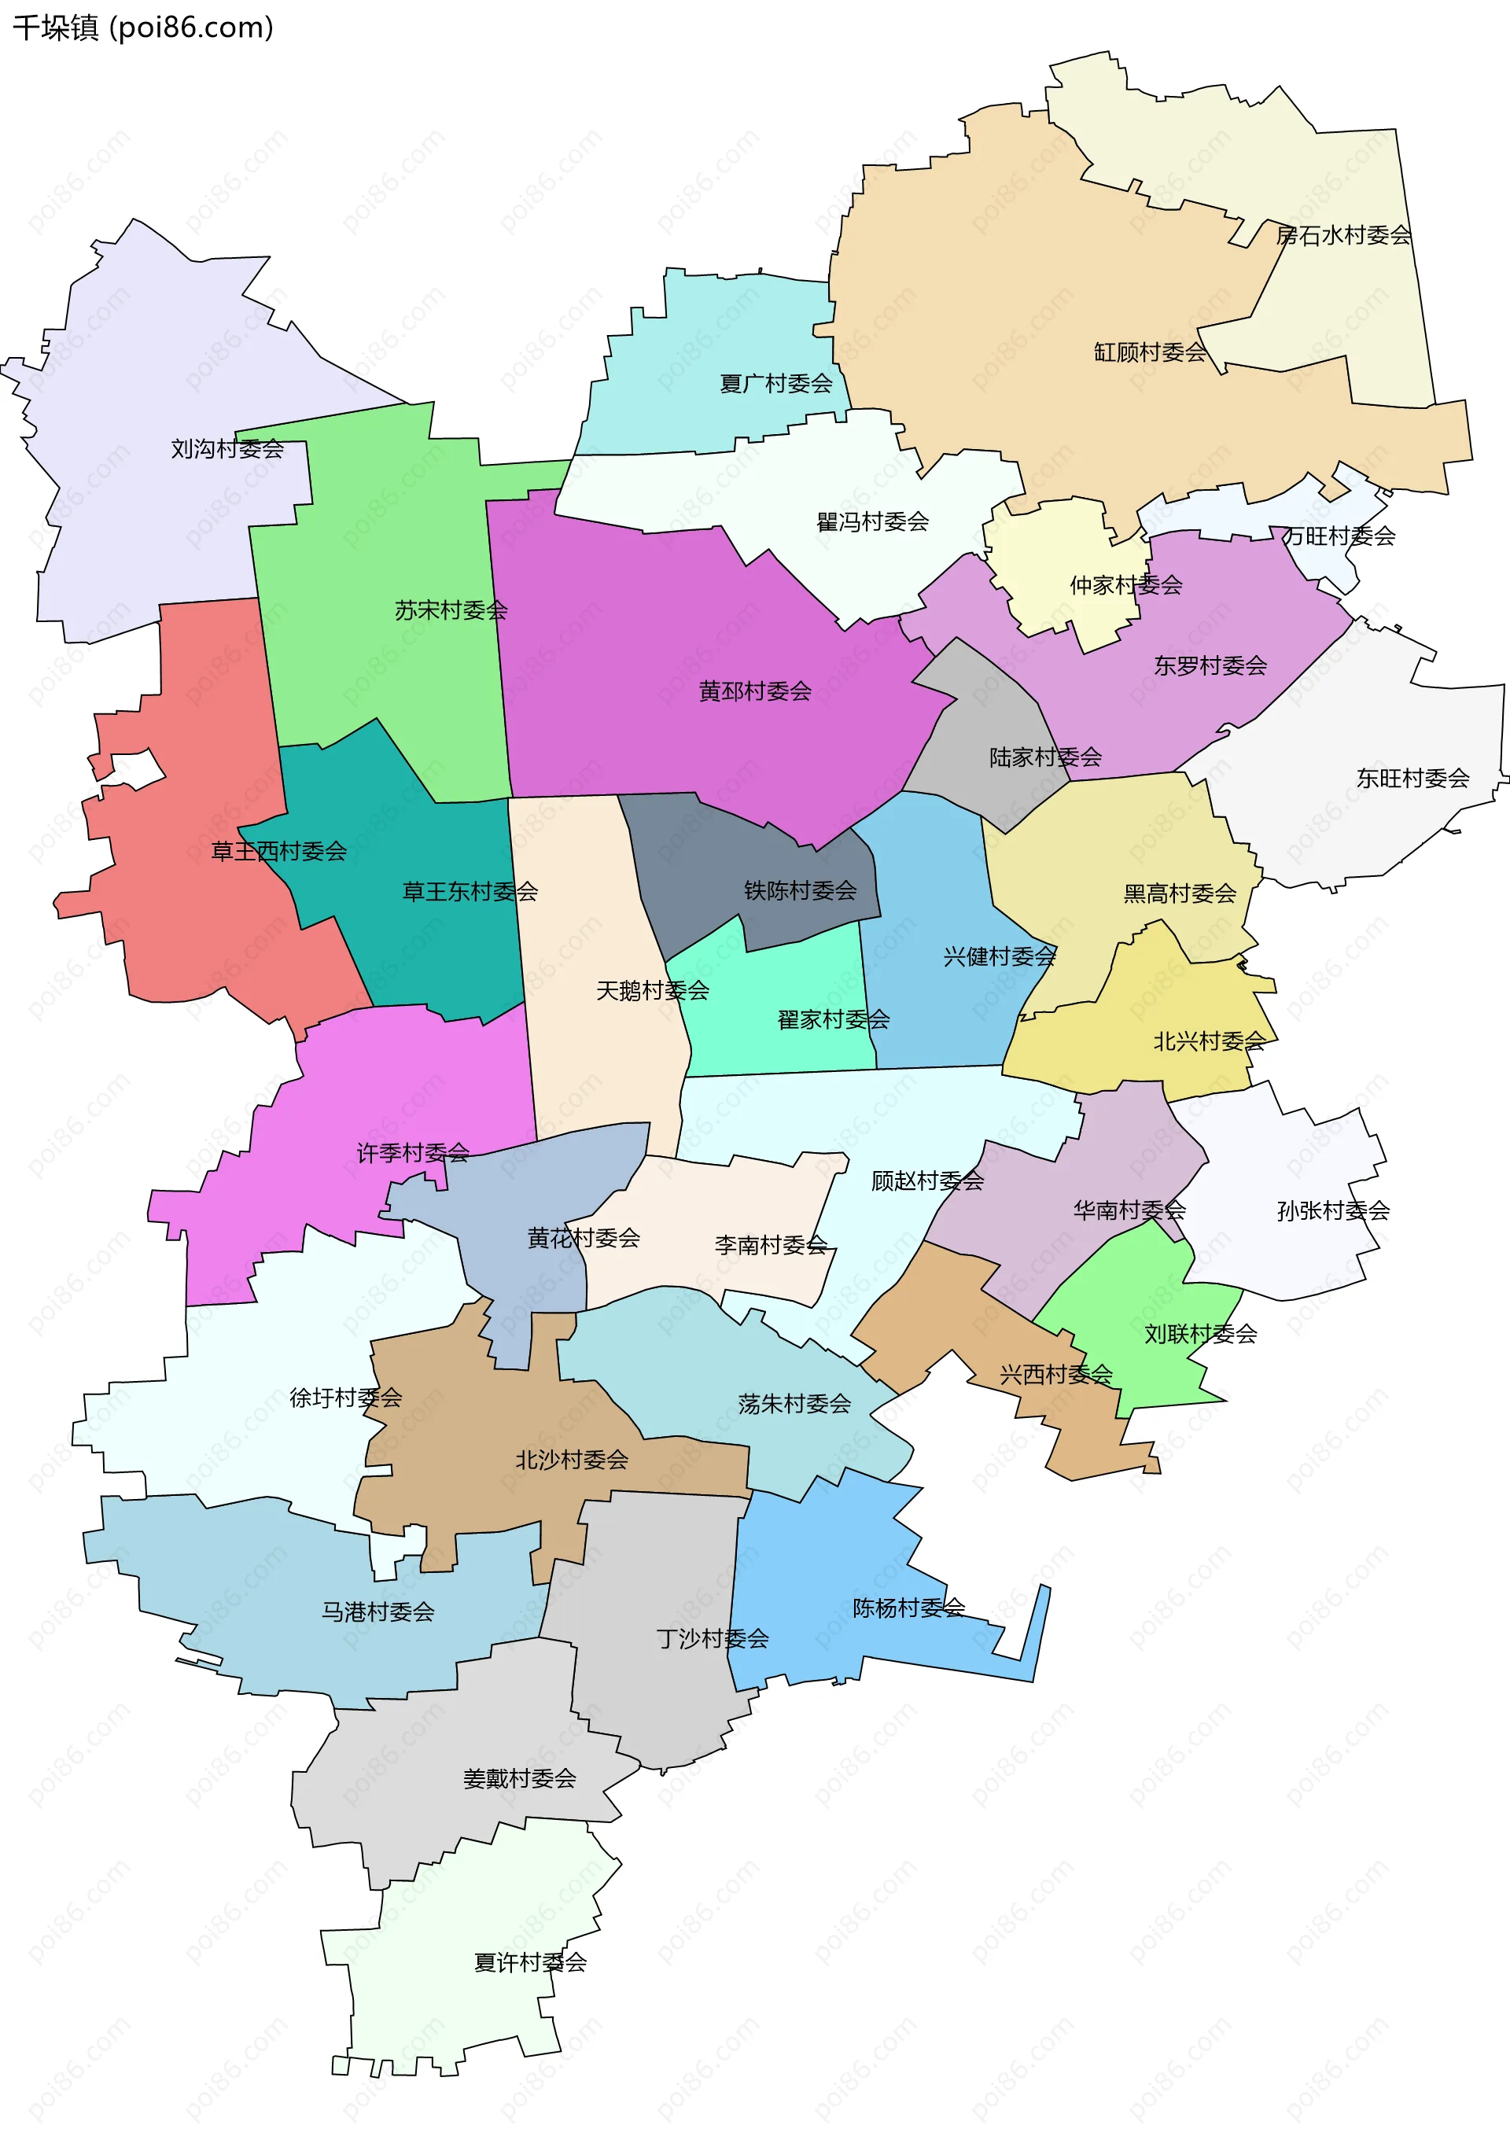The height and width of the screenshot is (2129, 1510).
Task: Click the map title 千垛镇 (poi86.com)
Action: click(143, 27)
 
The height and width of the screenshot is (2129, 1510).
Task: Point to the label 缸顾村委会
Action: click(1149, 352)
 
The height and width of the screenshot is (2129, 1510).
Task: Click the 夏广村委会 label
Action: click(775, 383)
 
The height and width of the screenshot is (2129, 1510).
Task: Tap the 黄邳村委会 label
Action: click(754, 691)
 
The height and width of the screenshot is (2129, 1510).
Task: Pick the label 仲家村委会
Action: click(1125, 585)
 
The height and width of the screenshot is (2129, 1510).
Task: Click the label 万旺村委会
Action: click(1338, 536)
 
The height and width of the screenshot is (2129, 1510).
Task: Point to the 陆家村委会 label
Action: click(1045, 757)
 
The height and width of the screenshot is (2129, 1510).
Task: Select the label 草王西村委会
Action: click(279, 851)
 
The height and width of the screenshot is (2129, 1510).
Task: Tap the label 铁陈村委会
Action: click(800, 890)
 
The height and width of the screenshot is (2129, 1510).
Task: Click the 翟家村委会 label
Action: click(833, 1020)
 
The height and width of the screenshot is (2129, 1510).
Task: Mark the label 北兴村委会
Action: click(1209, 1041)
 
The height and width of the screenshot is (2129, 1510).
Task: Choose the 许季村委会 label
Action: click(413, 1153)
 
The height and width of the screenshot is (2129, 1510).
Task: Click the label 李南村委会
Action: click(771, 1245)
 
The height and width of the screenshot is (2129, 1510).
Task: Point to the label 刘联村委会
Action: click(1200, 1334)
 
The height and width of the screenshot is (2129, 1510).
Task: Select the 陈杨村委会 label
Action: click(908, 1608)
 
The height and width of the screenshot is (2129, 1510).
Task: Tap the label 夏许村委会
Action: click(530, 1962)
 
